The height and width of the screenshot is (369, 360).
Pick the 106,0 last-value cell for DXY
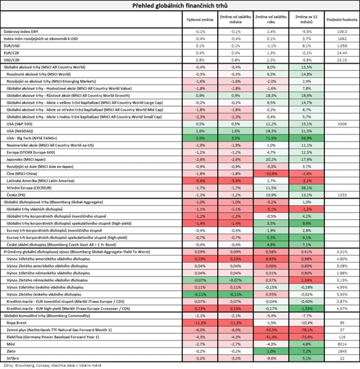(x=341, y=32)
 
